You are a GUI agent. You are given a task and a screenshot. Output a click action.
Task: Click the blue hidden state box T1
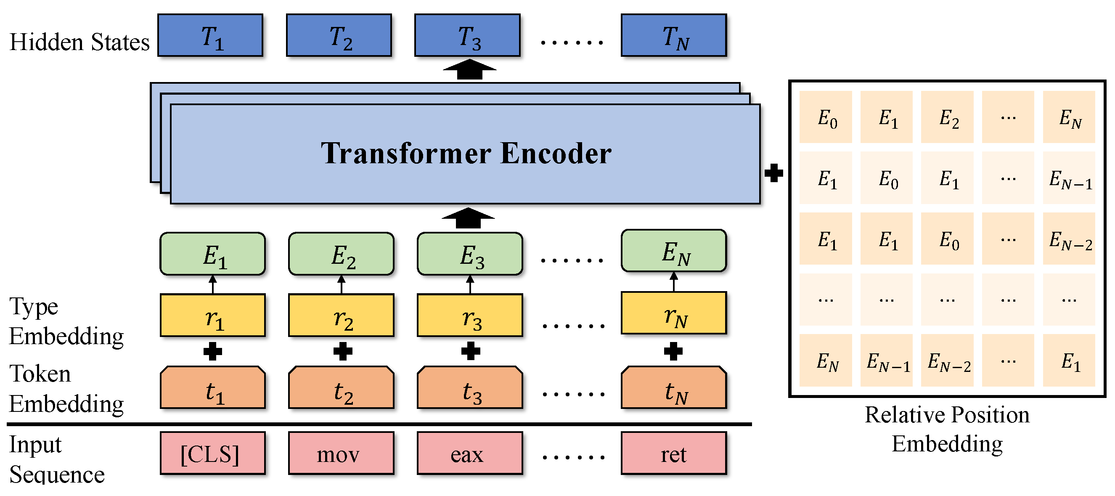210,35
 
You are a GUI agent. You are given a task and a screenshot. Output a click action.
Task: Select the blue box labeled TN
673,35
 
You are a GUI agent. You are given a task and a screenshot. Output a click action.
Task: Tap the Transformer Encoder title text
466,153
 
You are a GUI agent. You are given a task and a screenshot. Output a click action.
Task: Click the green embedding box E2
341,254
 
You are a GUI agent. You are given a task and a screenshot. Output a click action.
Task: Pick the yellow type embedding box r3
470,316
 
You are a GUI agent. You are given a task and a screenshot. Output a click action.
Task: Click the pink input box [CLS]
212,453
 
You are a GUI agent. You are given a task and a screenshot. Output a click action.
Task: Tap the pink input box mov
341,453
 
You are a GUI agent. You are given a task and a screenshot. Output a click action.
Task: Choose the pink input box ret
673,453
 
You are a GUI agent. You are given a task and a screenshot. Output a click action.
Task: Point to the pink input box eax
470,453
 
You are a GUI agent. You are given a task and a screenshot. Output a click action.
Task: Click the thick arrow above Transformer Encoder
470,70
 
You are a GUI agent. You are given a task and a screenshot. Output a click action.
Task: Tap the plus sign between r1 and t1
212,351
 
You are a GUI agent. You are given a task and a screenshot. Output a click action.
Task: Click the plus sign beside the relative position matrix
773,173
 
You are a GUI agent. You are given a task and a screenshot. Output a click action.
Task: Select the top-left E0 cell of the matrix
826,117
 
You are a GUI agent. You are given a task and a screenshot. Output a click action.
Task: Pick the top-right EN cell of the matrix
1069,117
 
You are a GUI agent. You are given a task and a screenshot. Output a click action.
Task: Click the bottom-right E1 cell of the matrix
1069,361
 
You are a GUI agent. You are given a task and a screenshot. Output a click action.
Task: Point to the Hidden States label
79,42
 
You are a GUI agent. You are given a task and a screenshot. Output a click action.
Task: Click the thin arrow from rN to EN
673,282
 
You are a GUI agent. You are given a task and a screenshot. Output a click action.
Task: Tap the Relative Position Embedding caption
947,429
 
